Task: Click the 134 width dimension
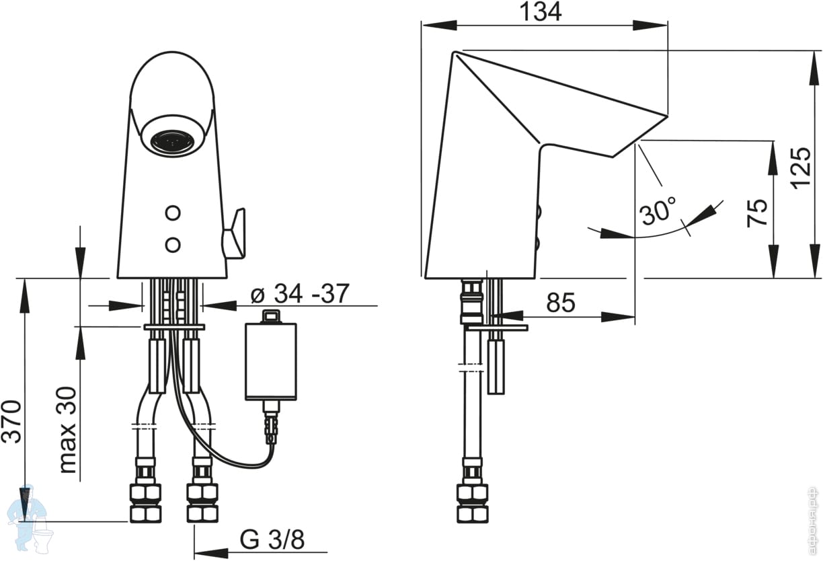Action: point(540,11)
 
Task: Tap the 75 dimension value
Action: point(757,213)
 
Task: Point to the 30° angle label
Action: point(658,212)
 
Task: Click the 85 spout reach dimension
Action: point(561,303)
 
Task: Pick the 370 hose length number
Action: point(13,421)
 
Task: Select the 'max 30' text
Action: point(68,429)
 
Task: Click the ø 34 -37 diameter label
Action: point(299,295)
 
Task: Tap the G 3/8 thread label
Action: point(272,539)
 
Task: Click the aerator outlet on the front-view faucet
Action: point(173,141)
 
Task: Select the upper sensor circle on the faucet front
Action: point(173,213)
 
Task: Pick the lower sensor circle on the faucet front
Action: point(173,244)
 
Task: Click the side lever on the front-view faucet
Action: point(234,233)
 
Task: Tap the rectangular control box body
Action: point(270,360)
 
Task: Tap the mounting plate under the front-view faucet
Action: point(173,327)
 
